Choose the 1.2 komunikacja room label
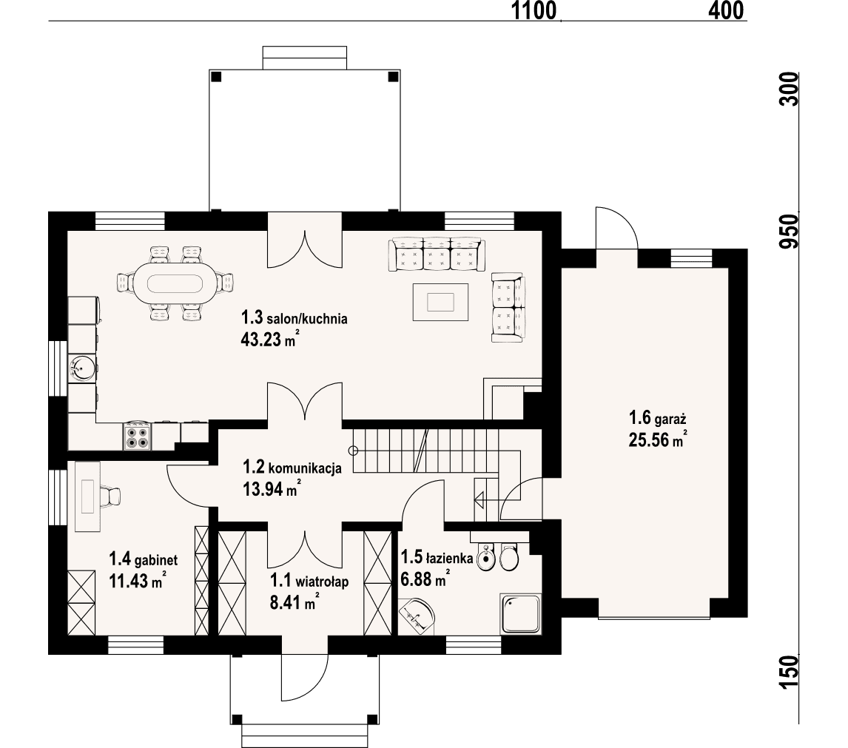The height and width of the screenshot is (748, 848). coord(292,468)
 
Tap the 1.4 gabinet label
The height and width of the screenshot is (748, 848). coord(144,558)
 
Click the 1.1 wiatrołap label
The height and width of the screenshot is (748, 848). coord(309,581)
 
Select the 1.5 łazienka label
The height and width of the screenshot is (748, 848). coord(437,556)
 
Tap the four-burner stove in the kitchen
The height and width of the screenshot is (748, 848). coord(137,436)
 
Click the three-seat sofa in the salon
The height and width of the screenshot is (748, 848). coord(436,254)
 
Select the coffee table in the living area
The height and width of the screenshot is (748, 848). coord(441,302)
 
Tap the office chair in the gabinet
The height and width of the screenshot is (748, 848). coord(111,497)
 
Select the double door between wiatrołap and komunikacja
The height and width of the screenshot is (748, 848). coord(304,544)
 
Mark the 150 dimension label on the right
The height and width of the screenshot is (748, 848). coord(790,670)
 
